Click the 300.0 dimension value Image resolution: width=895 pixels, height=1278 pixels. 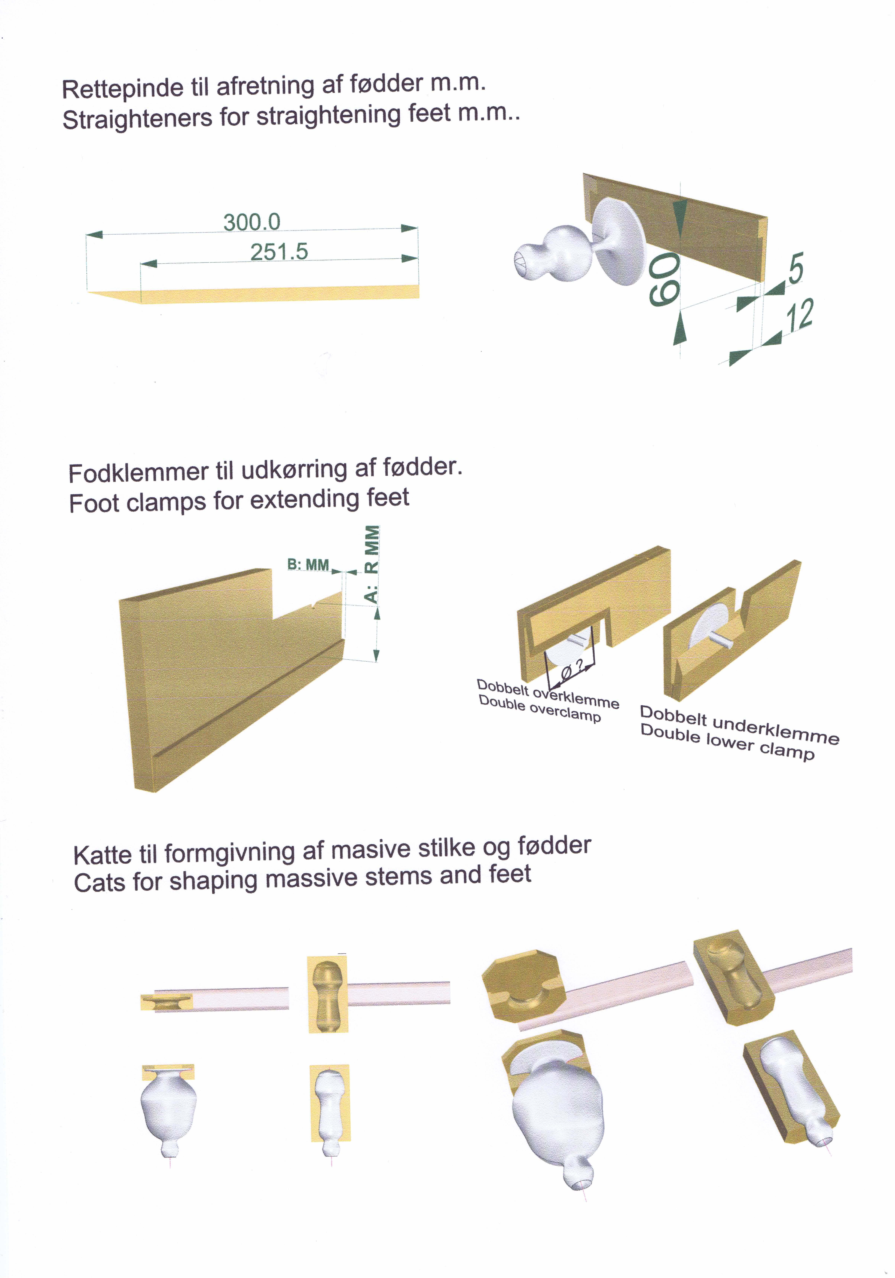pyautogui.click(x=252, y=222)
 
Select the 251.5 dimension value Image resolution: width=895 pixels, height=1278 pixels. pyautogui.click(x=279, y=252)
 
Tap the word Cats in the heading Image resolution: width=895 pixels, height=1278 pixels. pyautogui.click(x=97, y=883)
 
